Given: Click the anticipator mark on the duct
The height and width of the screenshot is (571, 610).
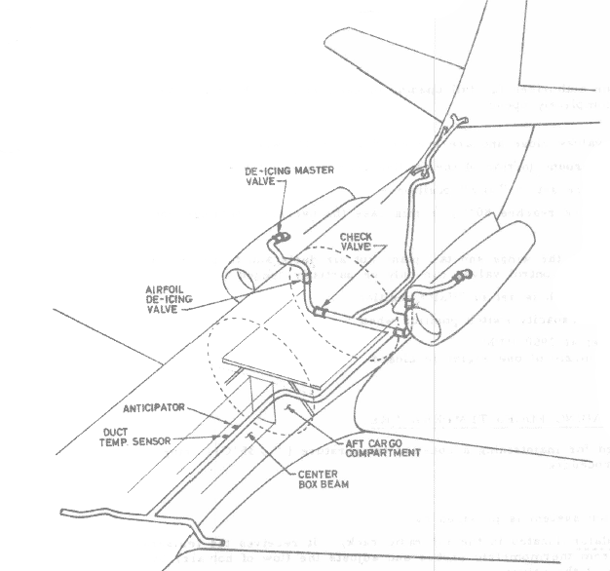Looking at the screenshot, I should click(x=236, y=425).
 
